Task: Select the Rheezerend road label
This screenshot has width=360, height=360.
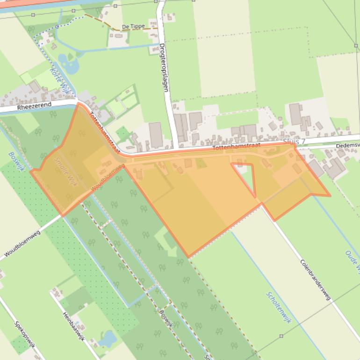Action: click(34, 107)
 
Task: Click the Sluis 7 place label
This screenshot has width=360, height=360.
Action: click(294, 141)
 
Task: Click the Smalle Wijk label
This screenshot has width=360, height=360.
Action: click(65, 172)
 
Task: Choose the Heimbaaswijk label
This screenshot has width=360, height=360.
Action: click(74, 326)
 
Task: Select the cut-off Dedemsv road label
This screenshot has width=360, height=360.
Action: click(347, 146)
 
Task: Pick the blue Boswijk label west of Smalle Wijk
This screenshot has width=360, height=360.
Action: click(16, 161)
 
